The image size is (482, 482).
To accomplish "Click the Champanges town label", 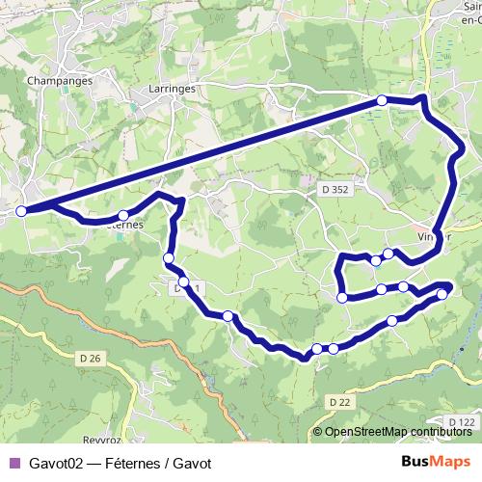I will pyautogui.click(x=60, y=81).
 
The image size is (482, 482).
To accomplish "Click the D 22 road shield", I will pyautogui.click(x=337, y=401).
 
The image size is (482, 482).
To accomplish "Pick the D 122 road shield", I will pyautogui.click(x=463, y=422).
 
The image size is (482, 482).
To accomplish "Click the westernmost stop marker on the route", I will pyautogui.click(x=21, y=209).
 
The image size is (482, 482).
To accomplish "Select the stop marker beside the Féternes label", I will pyautogui.click(x=123, y=216).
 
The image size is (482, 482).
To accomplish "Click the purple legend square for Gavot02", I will pyautogui.click(x=13, y=462).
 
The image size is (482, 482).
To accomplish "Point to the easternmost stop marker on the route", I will pyautogui.click(x=442, y=294).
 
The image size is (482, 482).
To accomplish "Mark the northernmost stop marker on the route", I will pyautogui.click(x=382, y=100).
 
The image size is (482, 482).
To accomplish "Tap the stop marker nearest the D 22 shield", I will pyautogui.click(x=333, y=349).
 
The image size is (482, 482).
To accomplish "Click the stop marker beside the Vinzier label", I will pyautogui.click(x=388, y=254).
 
